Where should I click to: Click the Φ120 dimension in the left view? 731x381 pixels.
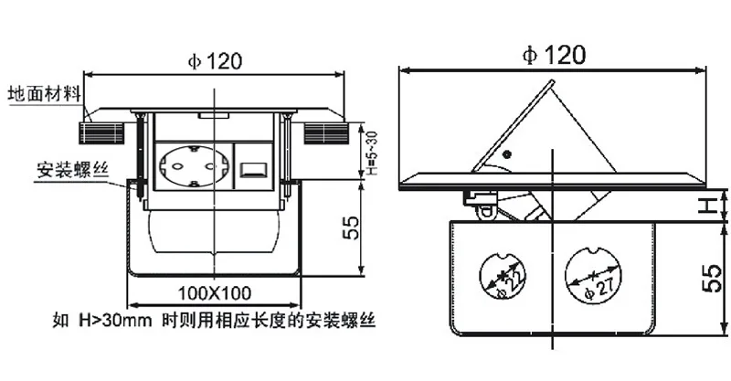tap(215, 61)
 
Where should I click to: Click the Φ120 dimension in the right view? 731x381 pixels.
tap(554, 55)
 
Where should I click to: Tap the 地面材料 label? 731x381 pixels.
tap(45, 94)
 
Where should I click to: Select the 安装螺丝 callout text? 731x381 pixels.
tap(73, 170)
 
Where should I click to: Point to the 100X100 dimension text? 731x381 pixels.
tap(215, 293)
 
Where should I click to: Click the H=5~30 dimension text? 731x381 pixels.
tap(372, 153)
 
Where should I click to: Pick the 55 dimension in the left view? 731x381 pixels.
tap(352, 228)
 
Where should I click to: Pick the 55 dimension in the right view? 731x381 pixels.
tap(712, 279)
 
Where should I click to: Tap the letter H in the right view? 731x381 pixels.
tap(710, 206)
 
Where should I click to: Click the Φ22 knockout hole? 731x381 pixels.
tap(502, 276)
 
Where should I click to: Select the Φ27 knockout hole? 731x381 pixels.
tap(593, 276)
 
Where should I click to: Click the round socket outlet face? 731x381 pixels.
tap(194, 166)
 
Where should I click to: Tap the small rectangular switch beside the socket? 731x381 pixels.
tap(252, 170)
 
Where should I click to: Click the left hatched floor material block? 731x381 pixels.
tap(101, 133)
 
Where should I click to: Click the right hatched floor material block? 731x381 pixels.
tap(326, 133)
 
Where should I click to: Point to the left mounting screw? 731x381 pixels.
tap(140, 153)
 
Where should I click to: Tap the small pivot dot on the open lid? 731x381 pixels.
tap(507, 154)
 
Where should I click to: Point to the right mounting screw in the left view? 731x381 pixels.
tap(288, 153)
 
